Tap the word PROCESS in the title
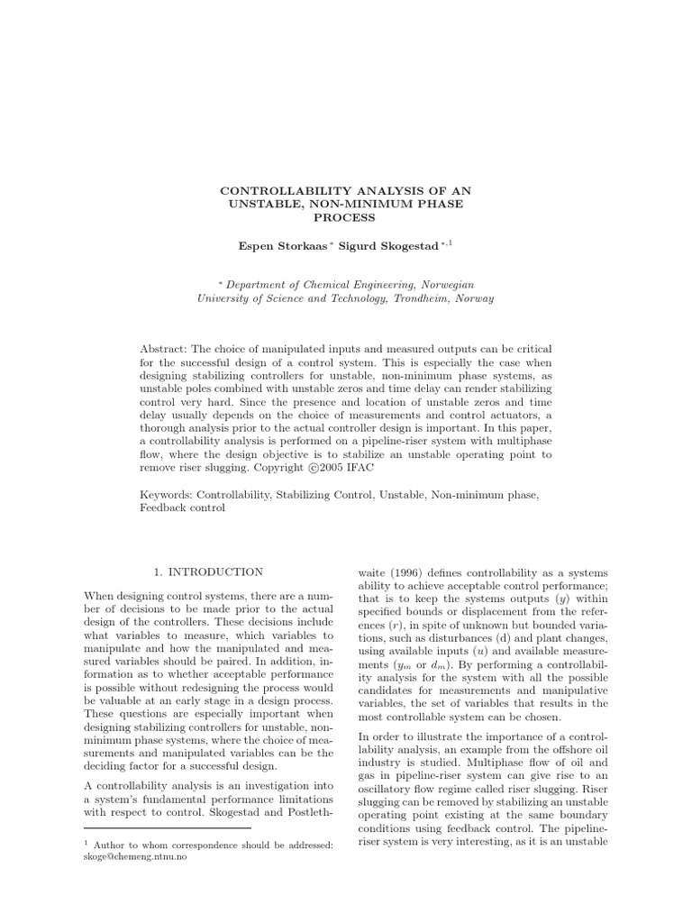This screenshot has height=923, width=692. (x=346, y=217)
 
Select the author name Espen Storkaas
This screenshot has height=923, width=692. (x=274, y=244)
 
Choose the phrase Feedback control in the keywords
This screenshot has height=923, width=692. (x=183, y=508)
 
